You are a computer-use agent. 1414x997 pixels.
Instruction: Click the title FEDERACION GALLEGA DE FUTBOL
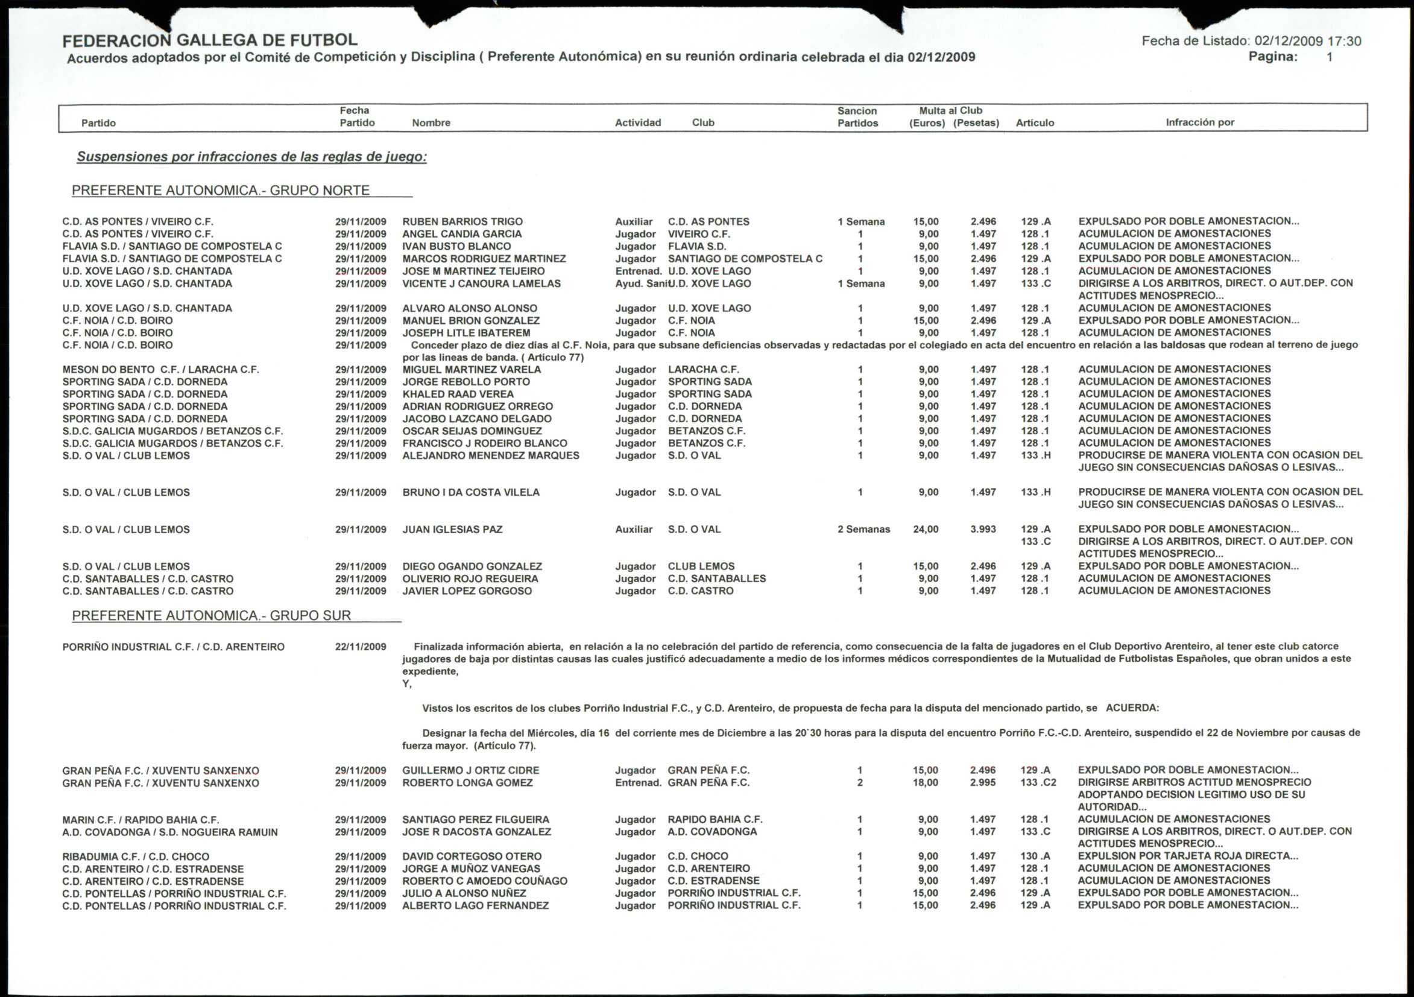pyautogui.click(x=209, y=40)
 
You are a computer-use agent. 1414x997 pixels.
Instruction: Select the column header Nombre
pyautogui.click(x=431, y=122)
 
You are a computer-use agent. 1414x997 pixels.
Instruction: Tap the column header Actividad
pyautogui.click(x=637, y=122)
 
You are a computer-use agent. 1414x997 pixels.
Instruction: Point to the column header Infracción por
pyautogui.click(x=1200, y=122)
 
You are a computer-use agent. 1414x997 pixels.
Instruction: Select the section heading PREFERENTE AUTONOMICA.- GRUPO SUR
pyautogui.click(x=211, y=616)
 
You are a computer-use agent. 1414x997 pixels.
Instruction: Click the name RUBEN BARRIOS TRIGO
pyautogui.click(x=462, y=222)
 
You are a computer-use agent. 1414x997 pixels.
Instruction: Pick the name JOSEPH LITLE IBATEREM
pyautogui.click(x=466, y=333)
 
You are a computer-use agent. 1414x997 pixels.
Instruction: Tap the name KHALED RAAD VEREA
pyautogui.click(x=458, y=394)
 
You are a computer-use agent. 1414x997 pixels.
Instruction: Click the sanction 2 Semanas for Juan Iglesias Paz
pyautogui.click(x=863, y=530)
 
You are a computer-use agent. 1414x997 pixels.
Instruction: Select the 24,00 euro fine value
pyautogui.click(x=926, y=530)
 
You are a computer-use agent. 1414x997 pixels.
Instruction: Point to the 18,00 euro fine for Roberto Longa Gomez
pyautogui.click(x=925, y=782)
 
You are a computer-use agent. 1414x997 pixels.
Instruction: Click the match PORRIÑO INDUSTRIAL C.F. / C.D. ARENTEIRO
pyautogui.click(x=173, y=647)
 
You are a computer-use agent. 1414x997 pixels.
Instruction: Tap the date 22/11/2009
pyautogui.click(x=360, y=647)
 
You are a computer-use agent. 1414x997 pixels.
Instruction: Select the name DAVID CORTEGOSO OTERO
pyautogui.click(x=472, y=856)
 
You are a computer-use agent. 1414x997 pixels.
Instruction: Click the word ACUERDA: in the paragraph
pyautogui.click(x=1132, y=708)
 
